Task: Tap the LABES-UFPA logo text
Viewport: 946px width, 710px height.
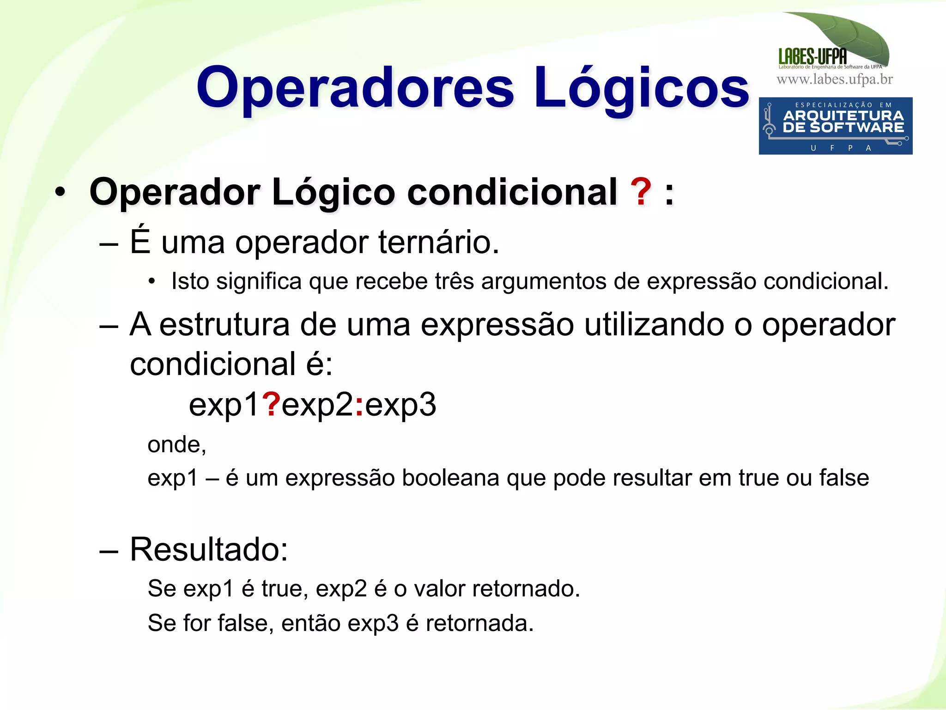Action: click(x=813, y=56)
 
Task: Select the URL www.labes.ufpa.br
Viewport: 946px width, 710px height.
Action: click(x=835, y=79)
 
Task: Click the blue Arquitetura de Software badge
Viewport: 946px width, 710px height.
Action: click(x=835, y=126)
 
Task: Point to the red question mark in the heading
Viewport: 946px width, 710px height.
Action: click(x=641, y=192)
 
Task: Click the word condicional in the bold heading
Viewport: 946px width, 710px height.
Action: click(x=512, y=192)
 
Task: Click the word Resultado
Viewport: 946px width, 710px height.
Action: click(x=208, y=549)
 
